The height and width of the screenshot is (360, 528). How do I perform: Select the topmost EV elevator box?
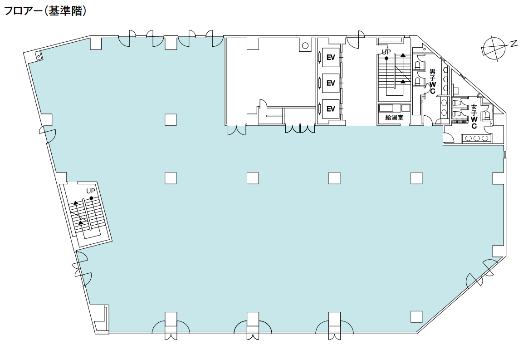pos(331,57)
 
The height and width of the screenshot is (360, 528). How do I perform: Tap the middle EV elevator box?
pos(331,83)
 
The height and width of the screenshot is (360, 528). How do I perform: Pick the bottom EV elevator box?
pos(331,109)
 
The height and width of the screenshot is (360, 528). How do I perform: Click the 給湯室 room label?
pos(394,118)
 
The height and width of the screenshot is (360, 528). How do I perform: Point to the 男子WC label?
pos(432,81)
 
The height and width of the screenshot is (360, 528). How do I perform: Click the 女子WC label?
pos(474,117)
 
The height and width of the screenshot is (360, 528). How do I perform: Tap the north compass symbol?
pos(498,48)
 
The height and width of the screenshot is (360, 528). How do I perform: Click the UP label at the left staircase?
pos(91,191)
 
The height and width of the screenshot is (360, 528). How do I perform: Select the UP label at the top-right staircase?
pos(386,52)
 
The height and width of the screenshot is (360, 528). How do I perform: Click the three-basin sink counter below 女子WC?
pos(476,138)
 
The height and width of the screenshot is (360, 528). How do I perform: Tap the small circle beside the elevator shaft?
pos(305,45)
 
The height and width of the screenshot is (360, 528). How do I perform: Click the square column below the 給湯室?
pos(416,178)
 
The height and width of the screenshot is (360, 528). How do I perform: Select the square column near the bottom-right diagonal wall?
pos(416,316)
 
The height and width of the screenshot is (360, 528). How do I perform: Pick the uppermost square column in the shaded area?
pos(171,120)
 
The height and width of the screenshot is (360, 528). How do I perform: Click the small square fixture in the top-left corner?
pos(39,56)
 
